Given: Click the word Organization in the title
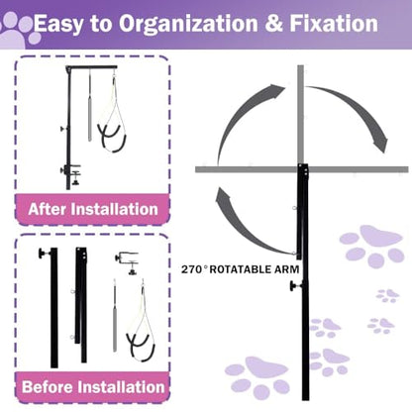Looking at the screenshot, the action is pos(188,24).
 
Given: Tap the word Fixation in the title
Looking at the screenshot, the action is pos(334,23).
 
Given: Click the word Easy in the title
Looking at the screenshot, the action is pos(58,25).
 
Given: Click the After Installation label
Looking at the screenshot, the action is pos(93,209).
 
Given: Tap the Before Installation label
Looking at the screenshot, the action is pos(93,387).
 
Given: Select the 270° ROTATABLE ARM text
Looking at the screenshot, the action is pos(240,269).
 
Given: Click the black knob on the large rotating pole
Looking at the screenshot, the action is pos(294,286).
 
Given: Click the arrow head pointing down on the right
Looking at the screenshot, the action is pos(379,142).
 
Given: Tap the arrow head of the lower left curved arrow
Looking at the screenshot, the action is pos(224,198).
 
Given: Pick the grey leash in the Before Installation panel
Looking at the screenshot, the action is pos(114,316).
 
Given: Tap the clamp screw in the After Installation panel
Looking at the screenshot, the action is pos(76,178).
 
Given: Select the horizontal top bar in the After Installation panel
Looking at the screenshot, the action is pos(92,67).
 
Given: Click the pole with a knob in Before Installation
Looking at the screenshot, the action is pos(53,308).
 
